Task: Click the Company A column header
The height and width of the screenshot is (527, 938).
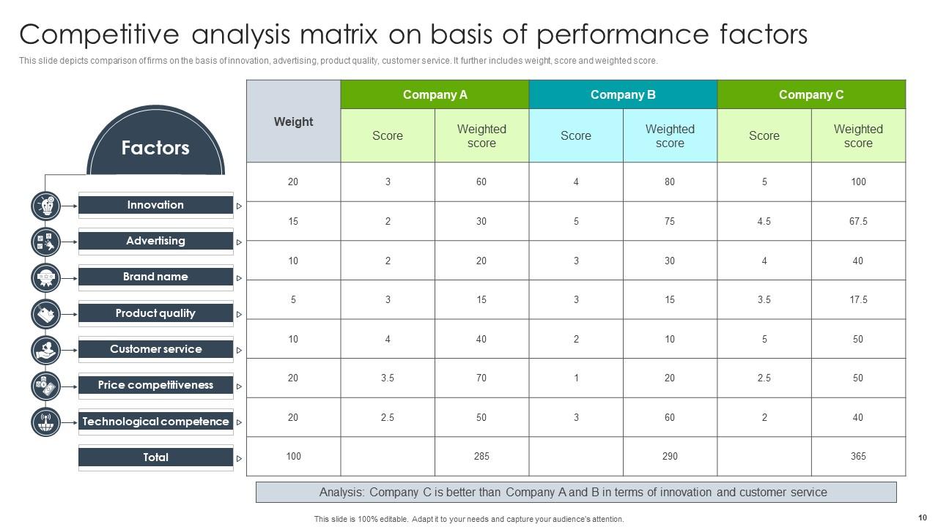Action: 435,94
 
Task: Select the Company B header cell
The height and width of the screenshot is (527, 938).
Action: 623,94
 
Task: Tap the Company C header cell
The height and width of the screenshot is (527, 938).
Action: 811,94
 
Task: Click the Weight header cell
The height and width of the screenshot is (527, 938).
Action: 293,122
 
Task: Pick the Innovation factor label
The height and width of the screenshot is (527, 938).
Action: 155,205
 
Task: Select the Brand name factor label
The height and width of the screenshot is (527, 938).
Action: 155,277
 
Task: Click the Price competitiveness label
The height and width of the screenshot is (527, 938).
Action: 155,385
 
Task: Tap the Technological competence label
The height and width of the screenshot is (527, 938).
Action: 155,422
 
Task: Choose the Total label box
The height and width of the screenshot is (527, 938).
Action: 155,457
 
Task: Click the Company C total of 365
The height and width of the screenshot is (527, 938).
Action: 858,456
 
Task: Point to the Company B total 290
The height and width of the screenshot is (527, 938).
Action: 670,456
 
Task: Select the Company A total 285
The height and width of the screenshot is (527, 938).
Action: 481,456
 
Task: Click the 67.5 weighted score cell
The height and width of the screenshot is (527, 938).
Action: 858,221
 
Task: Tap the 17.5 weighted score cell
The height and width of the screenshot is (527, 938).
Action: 858,299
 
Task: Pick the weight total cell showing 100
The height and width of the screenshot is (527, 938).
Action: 293,456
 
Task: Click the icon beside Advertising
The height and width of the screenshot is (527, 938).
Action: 45,242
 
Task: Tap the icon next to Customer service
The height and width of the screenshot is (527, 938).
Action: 45,350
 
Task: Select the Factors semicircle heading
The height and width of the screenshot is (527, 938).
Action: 155,148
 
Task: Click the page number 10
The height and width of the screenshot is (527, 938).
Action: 922,517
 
